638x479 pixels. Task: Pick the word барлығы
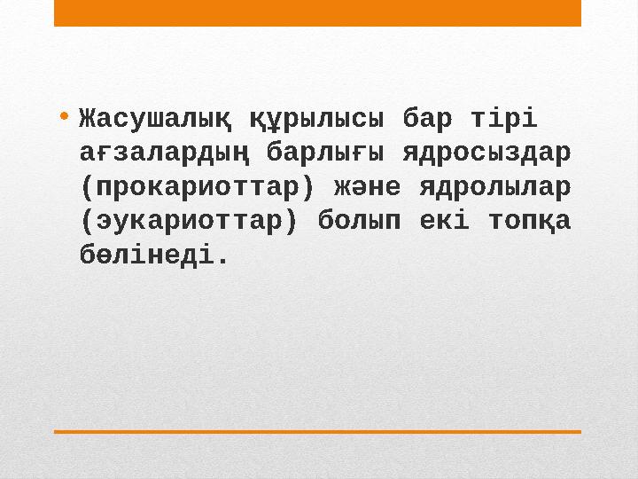326,152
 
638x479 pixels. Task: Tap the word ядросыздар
486,152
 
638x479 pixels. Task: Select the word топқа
529,222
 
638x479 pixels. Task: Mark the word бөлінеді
148,257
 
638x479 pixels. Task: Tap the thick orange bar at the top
317,13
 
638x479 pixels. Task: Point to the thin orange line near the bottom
317,431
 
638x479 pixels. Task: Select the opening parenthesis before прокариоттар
85,187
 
